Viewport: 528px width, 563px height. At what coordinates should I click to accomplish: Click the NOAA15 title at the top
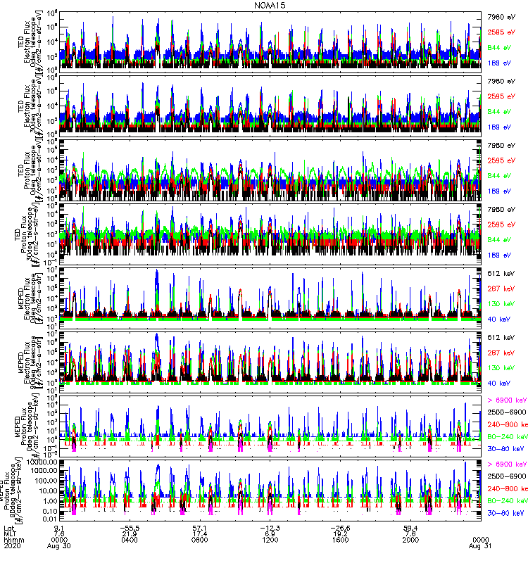click(x=264, y=5)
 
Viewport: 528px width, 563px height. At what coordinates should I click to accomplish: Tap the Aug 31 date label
click(x=478, y=545)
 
